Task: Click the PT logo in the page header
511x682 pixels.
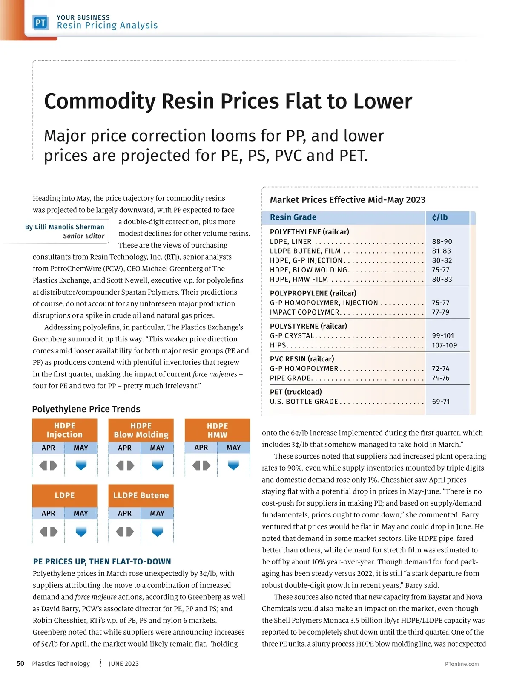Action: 40,23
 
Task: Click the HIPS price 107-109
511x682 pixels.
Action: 444,345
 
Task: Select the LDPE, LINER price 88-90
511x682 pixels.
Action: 442,241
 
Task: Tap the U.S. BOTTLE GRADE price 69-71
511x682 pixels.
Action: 441,402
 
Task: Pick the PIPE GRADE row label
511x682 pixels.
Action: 290,378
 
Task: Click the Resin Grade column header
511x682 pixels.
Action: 293,217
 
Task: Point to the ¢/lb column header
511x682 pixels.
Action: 439,217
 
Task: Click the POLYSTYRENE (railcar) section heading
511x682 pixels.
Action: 308,326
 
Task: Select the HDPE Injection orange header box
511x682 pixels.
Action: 64,430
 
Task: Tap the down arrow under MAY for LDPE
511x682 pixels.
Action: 81,532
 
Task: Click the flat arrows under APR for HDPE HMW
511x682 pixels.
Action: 201,465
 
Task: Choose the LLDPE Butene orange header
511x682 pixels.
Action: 141,495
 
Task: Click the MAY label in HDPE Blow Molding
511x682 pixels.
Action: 157,448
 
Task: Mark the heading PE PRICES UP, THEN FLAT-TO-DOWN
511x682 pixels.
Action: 102,562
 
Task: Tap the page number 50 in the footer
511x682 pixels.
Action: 20,663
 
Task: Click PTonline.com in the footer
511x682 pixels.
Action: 462,664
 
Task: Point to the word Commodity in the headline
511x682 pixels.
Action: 100,101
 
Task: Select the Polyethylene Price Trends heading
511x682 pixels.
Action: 86,409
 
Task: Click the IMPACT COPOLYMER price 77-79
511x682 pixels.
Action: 440,312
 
